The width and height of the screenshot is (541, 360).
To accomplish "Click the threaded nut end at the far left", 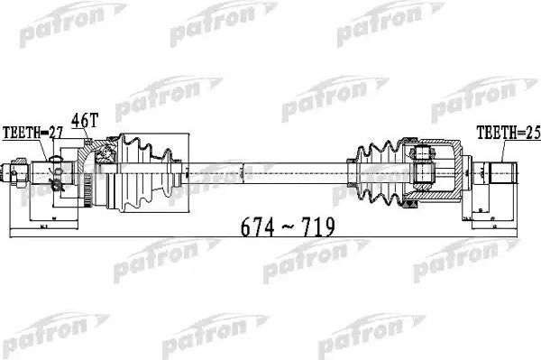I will (x=15, y=169).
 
